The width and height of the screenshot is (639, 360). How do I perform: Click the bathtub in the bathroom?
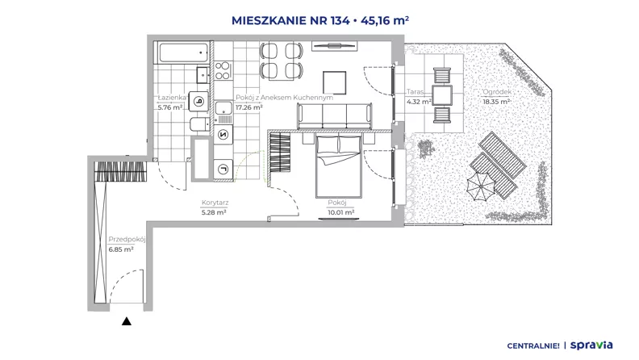(183, 52)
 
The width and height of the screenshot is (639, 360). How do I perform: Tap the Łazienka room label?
(172, 98)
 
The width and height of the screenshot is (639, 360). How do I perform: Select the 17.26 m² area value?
(248, 107)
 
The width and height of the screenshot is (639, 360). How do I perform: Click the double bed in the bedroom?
(338, 166)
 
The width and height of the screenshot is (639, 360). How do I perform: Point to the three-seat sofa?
(335, 116)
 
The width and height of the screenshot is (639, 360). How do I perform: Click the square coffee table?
(335, 83)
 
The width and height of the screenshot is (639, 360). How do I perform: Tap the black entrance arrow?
(127, 321)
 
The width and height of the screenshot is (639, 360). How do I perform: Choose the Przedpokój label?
(127, 239)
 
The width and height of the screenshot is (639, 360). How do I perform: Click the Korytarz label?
(215, 203)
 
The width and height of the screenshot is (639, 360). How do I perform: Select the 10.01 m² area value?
(340, 212)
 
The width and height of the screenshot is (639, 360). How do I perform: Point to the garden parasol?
(481, 186)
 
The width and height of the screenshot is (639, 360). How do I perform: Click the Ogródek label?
(497, 92)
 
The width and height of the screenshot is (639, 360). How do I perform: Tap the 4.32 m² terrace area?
(419, 102)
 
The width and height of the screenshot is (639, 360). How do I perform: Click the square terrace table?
(442, 95)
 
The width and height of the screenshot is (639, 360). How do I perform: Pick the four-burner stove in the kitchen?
(223, 70)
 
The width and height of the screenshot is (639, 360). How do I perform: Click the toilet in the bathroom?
(200, 124)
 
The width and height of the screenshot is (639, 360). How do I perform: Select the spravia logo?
(591, 345)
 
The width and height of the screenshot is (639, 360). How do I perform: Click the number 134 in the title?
(340, 20)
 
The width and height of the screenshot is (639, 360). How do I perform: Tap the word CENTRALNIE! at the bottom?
(533, 346)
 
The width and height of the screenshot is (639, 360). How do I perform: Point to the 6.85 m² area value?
(121, 249)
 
